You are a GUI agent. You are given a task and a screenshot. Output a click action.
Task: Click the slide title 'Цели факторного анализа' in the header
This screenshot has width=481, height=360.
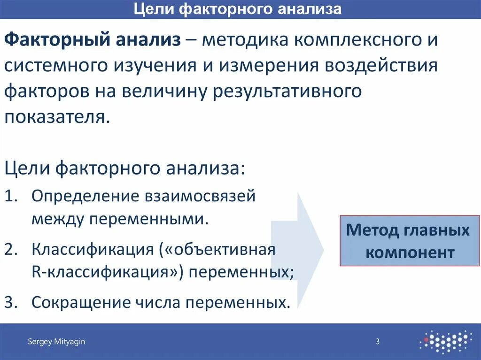pos(238,9)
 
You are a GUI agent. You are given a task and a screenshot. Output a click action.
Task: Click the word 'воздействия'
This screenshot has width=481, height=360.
pos(381,66)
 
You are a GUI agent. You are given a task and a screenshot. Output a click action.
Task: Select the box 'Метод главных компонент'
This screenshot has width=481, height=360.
pos(407,241)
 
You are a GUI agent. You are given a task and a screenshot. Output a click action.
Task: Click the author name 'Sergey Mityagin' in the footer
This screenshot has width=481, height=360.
pos(56,342)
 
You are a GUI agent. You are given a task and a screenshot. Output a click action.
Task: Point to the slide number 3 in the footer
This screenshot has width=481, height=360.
pos(377,342)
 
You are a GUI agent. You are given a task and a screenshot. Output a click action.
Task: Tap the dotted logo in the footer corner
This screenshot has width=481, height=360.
pos(446,341)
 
